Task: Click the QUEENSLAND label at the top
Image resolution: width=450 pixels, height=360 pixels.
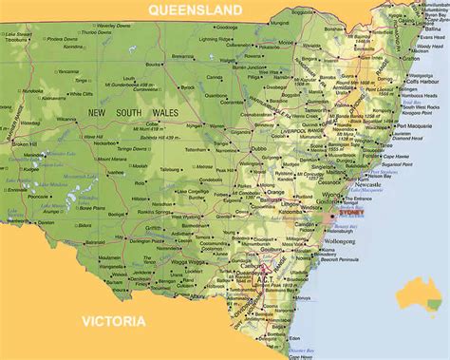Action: (x=195, y=10)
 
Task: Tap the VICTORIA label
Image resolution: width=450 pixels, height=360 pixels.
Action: (x=113, y=319)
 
